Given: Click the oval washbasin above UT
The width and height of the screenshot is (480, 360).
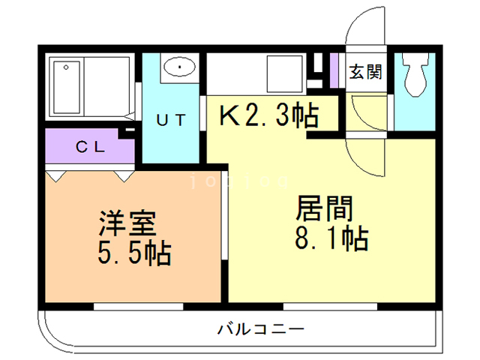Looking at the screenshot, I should (x=179, y=67).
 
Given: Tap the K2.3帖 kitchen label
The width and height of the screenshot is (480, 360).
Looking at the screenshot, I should (x=268, y=115).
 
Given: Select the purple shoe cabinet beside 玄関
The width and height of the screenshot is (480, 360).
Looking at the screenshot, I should (x=334, y=70).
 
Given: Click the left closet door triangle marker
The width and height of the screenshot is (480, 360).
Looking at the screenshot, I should (x=57, y=175).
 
